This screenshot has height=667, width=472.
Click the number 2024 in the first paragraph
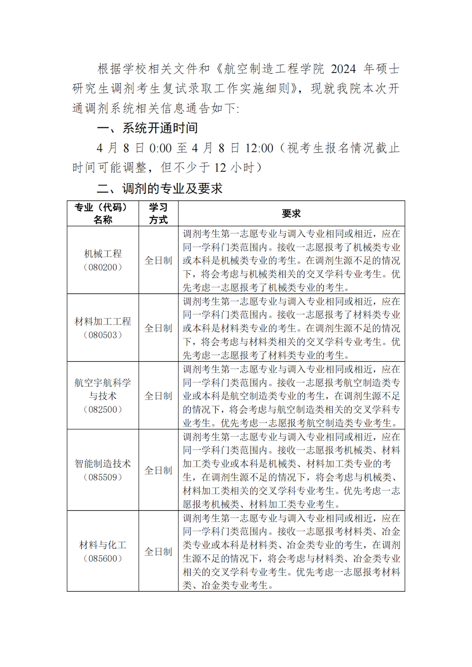pyautogui.click(x=343, y=69)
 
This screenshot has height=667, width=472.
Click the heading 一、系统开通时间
pyautogui.click(x=147, y=128)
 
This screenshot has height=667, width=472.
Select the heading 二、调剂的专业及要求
pyautogui.click(x=160, y=189)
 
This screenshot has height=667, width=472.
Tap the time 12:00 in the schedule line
pyautogui.click(x=259, y=148)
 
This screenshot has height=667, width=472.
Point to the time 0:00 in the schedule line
pyautogui.click(x=160, y=148)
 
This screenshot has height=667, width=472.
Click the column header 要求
pyautogui.click(x=291, y=214)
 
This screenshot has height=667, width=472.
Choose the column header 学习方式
pyautogui.click(x=159, y=214)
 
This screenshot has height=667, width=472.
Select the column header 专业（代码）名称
pyautogui.click(x=103, y=214)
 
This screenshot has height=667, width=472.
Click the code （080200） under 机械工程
pyautogui.click(x=103, y=267)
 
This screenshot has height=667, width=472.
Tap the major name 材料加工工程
pyautogui.click(x=103, y=321)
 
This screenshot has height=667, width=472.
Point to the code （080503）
pyautogui.click(x=103, y=335)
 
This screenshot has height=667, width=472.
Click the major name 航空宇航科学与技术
pyautogui.click(x=103, y=389)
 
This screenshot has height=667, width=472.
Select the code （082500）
pyautogui.click(x=103, y=409)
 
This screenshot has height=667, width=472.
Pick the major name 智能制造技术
pyautogui.click(x=103, y=464)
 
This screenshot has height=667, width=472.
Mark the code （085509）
pyautogui.click(x=103, y=477)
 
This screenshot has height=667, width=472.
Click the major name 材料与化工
pyautogui.click(x=103, y=545)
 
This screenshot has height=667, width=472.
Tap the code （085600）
pyautogui.click(x=103, y=559)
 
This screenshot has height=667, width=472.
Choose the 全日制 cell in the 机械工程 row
pyautogui.click(x=159, y=260)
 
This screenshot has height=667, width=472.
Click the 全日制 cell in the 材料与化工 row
pyautogui.click(x=159, y=551)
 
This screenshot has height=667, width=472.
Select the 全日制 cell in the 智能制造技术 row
pyautogui.click(x=159, y=470)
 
